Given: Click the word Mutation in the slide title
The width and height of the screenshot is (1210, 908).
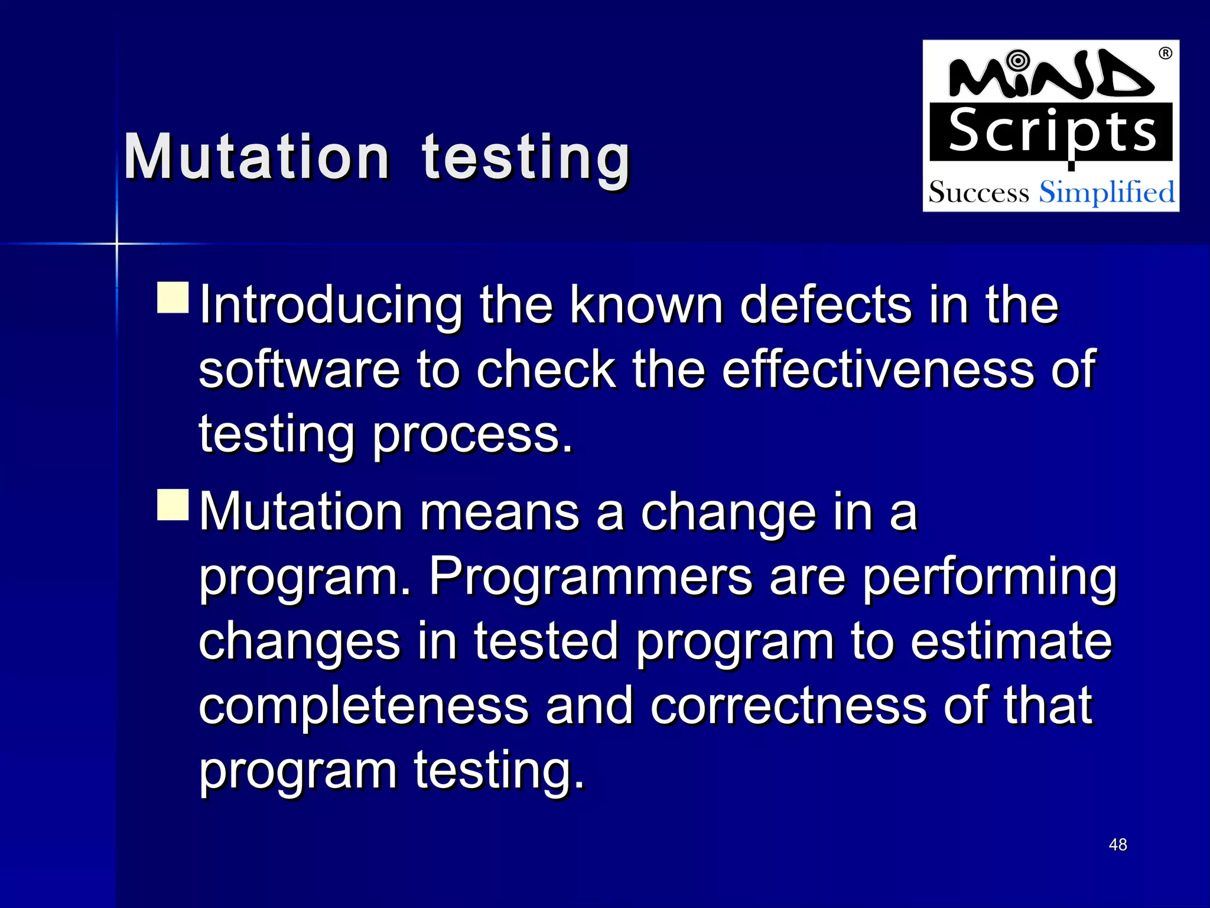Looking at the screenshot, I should click(257, 157).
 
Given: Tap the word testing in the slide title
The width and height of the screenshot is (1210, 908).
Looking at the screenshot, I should click(526, 157).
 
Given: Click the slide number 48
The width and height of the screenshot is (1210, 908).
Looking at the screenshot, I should click(1118, 845).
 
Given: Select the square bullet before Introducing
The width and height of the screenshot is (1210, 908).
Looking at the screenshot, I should click(173, 297).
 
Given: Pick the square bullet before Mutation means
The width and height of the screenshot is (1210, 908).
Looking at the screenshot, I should click(173, 504).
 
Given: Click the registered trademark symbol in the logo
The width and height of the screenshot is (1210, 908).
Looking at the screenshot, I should click(1165, 53).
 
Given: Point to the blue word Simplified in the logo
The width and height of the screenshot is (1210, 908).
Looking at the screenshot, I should click(1107, 193).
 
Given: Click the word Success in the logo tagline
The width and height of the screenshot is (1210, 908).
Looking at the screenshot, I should click(978, 193).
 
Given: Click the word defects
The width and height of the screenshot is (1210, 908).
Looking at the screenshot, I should click(825, 306).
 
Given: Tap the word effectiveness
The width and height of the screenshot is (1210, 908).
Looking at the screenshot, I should click(877, 371).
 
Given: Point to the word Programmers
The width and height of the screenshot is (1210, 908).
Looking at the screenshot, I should click(590, 577).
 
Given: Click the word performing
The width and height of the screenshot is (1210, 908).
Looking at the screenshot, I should click(990, 578).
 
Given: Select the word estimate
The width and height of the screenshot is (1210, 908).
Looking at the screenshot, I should click(1011, 642).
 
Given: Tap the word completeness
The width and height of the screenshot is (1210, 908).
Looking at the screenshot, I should click(363, 706).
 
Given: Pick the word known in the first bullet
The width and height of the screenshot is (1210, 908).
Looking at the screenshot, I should click(646, 306).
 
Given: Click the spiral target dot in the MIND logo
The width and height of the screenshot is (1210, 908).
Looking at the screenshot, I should click(1017, 60).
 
